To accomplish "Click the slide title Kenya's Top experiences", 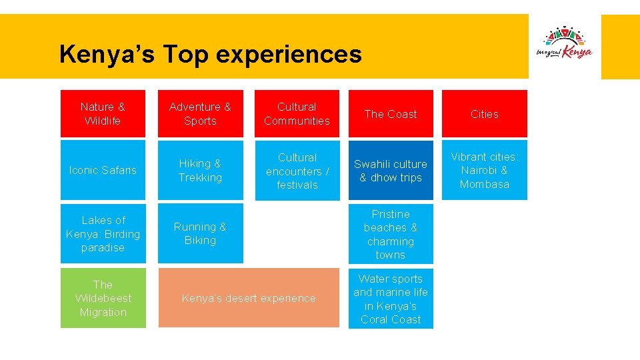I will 210,54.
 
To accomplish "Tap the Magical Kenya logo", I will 564,44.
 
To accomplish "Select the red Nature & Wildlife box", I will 103,114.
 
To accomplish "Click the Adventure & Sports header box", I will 200,114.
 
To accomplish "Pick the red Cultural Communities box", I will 297,114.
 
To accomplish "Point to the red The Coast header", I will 391,114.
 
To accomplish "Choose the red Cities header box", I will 485,114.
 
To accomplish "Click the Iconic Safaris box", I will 103,170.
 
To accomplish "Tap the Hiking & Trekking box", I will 200,170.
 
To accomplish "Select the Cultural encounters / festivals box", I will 297,171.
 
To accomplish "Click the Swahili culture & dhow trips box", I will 391,170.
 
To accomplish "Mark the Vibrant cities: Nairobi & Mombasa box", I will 485,170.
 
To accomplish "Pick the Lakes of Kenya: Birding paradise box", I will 103,234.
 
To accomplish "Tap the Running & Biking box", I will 200,234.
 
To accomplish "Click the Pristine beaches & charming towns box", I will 391,234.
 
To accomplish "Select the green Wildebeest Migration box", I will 103,298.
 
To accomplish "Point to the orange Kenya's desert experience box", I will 249,298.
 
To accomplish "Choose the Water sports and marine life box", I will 391,299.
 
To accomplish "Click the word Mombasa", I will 485,184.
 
